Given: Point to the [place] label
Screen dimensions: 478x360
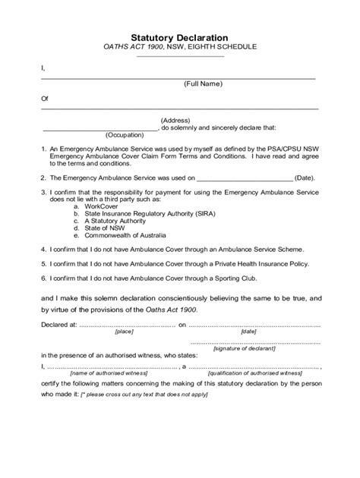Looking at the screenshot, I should pos(124,332).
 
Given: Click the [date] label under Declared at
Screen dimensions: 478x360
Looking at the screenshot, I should pos(248,332).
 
